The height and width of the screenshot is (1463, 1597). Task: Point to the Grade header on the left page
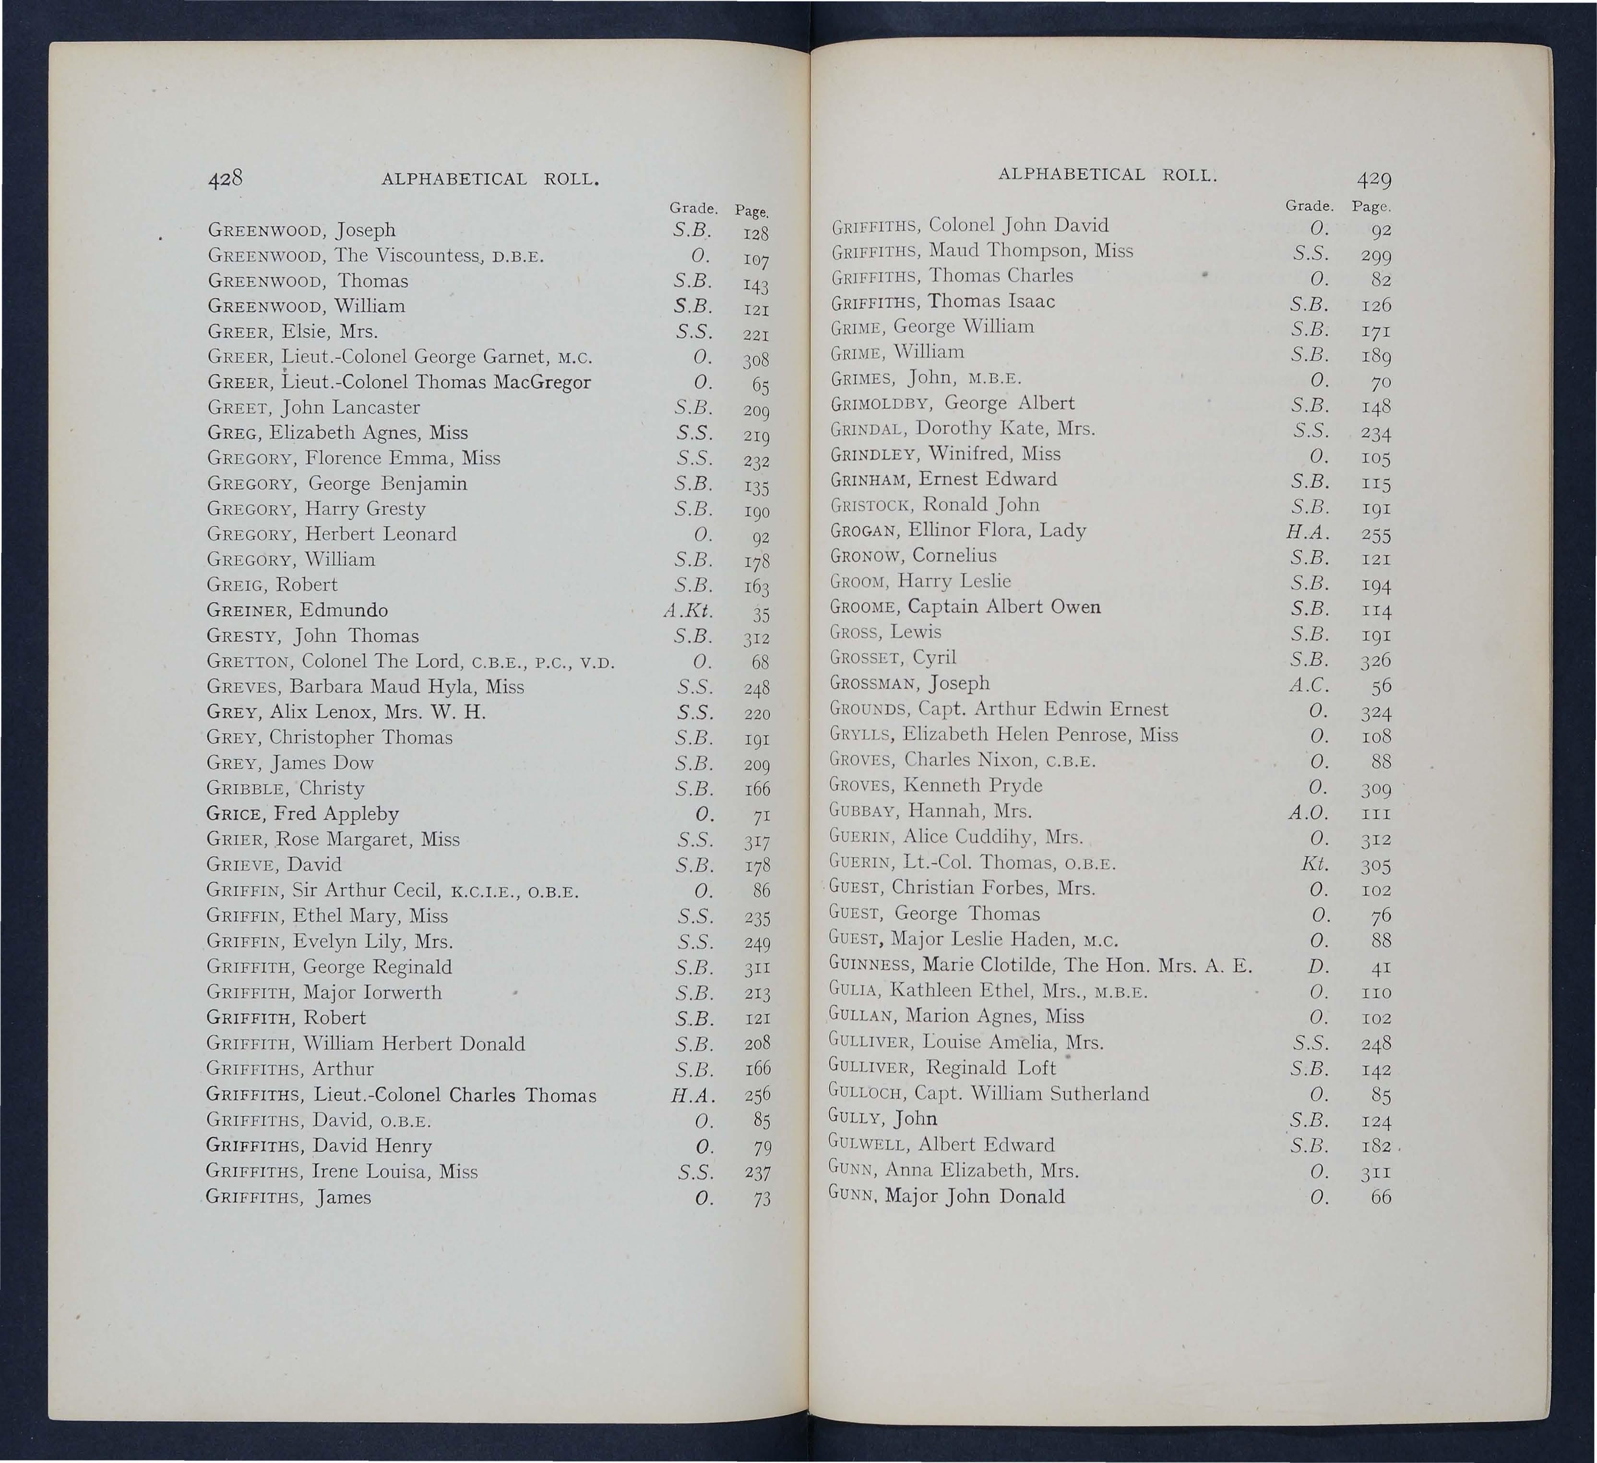pyautogui.click(x=693, y=208)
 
